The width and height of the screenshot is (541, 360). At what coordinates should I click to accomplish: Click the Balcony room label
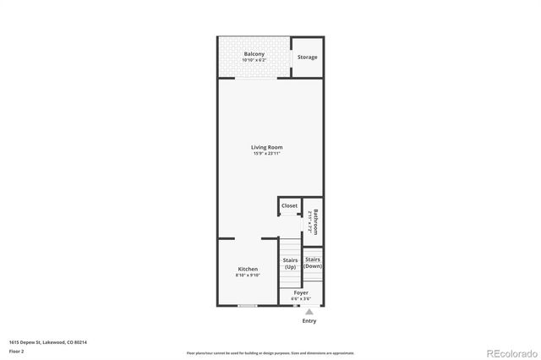tap(254, 54)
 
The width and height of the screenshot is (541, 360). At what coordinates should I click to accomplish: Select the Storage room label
tap(308, 57)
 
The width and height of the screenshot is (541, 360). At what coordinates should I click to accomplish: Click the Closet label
tap(289, 205)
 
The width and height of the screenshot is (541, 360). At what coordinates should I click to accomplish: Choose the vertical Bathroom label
tap(314, 221)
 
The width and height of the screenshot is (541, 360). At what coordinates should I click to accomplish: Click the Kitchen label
tap(248, 269)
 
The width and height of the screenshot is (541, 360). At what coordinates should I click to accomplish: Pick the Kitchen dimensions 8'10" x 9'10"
tap(248, 275)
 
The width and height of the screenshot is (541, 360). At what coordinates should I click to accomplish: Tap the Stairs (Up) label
tap(290, 264)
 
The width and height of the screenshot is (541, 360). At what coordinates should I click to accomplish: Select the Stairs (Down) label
tap(313, 262)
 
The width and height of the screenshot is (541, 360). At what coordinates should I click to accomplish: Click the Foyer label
tap(301, 292)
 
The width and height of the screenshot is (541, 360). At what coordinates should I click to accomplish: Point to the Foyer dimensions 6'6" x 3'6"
tap(301, 298)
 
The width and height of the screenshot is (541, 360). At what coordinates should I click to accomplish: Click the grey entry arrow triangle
tap(309, 312)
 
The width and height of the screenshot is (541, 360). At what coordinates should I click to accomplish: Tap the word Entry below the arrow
tap(309, 321)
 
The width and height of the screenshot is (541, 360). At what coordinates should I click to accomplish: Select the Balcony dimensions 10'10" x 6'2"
tap(254, 60)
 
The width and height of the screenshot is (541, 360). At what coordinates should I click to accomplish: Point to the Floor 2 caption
tap(16, 350)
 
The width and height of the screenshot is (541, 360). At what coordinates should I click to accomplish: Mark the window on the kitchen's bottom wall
tap(248, 305)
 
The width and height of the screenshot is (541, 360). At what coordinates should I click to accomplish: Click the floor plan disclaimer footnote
tap(270, 352)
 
